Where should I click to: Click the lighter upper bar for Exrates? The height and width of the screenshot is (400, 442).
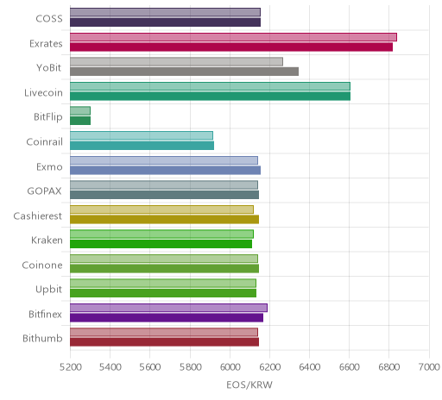[x=233, y=37]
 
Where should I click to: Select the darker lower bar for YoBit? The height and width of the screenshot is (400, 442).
[x=184, y=72]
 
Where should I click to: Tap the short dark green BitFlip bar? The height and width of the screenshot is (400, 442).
[x=80, y=121]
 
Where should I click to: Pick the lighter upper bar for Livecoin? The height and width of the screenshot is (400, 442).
[x=210, y=86]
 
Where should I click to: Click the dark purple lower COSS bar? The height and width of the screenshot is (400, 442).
[x=165, y=22]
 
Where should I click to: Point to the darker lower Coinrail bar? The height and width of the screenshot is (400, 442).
[x=142, y=146]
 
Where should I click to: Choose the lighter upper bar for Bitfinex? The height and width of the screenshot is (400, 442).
[x=168, y=308]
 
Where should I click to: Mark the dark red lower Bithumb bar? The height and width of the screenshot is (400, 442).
[x=164, y=342]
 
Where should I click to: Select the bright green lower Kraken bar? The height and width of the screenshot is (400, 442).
[x=161, y=244]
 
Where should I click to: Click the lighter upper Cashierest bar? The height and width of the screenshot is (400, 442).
[x=161, y=209]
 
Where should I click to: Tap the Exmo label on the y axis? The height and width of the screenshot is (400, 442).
[x=49, y=166]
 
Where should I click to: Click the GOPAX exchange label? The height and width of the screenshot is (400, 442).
[x=44, y=191]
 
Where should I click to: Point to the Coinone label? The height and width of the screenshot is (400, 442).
[x=42, y=265]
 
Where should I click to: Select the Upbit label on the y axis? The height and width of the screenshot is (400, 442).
[x=48, y=290]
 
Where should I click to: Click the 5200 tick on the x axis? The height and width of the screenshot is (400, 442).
[x=71, y=367]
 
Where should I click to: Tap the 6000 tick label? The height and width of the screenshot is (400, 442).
[x=230, y=367]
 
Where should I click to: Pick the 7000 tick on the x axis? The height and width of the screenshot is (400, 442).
[x=429, y=367]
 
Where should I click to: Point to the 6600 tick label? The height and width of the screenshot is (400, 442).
[x=350, y=367]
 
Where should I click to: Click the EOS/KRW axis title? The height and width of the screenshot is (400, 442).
[x=249, y=384]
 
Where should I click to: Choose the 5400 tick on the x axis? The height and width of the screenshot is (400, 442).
[x=110, y=367]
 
